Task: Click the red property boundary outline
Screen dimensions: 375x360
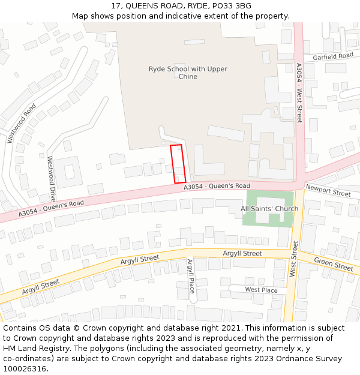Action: point(178,163)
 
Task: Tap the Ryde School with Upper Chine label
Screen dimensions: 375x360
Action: point(188,73)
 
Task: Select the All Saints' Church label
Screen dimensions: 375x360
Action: point(269,209)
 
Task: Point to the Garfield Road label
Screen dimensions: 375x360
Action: point(333,56)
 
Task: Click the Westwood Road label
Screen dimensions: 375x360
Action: point(22,123)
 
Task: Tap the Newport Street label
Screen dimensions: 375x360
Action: point(328,191)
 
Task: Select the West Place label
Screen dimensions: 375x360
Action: point(261,290)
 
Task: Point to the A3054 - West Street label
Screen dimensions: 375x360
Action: point(299,93)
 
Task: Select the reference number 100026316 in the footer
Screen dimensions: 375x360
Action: point(25,368)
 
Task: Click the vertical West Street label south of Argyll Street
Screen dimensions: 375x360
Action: point(294,259)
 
